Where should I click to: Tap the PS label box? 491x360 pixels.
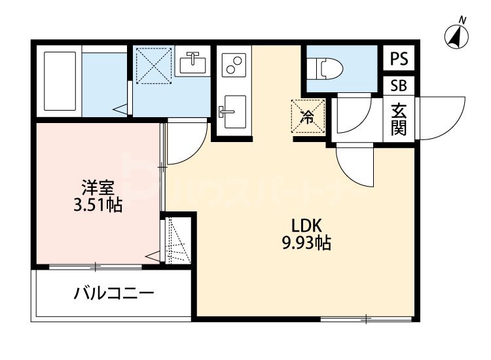pos(399,59)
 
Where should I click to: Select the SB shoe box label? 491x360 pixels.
pos(399,86)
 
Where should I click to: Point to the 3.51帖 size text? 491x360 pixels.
pos(98,206)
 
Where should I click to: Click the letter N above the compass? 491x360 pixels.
pos(462,20)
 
